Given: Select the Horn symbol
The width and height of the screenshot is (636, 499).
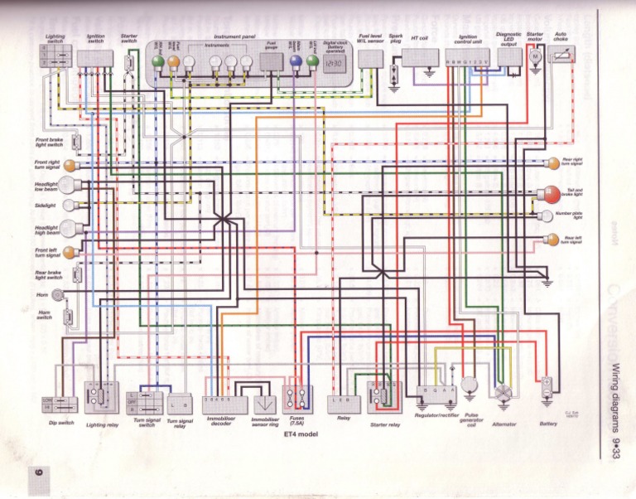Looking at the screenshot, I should pyautogui.click(x=58, y=294).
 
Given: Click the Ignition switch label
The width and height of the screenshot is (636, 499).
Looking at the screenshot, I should pyautogui.click(x=95, y=39).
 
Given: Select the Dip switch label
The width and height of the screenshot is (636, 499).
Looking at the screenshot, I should pyautogui.click(x=61, y=423).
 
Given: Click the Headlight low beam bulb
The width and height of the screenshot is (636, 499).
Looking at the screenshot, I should pyautogui.click(x=68, y=186).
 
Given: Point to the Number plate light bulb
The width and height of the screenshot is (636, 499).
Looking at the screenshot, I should pyautogui.click(x=546, y=216).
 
